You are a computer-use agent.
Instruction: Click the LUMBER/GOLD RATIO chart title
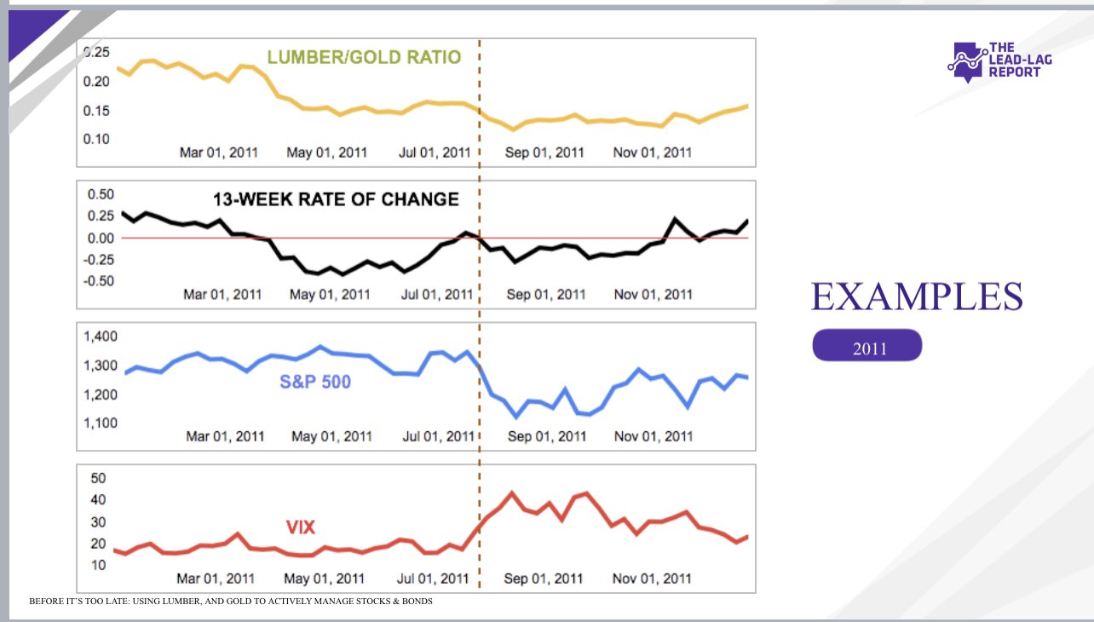click(364, 57)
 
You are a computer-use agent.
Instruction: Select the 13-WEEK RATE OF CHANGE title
click(336, 199)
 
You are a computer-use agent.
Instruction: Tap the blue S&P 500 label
click(315, 382)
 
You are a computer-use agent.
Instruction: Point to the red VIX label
click(300, 527)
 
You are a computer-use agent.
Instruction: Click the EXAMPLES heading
click(917, 297)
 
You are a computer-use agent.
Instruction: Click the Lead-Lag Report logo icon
click(966, 61)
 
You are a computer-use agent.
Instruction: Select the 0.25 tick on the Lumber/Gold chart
click(97, 52)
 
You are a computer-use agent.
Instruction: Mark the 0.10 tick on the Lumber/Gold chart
click(97, 138)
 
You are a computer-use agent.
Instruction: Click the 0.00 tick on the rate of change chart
click(101, 238)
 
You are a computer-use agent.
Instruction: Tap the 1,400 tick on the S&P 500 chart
click(101, 337)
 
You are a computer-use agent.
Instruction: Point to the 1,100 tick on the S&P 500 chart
click(101, 423)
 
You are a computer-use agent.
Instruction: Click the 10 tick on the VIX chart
click(97, 565)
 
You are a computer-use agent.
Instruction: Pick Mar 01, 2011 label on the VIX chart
click(216, 579)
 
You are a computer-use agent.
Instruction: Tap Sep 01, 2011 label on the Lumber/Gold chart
click(545, 153)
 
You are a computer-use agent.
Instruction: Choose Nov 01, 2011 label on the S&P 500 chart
click(654, 436)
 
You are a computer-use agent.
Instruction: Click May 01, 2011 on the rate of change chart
click(330, 295)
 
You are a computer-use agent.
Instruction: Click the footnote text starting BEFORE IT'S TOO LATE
click(231, 602)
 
